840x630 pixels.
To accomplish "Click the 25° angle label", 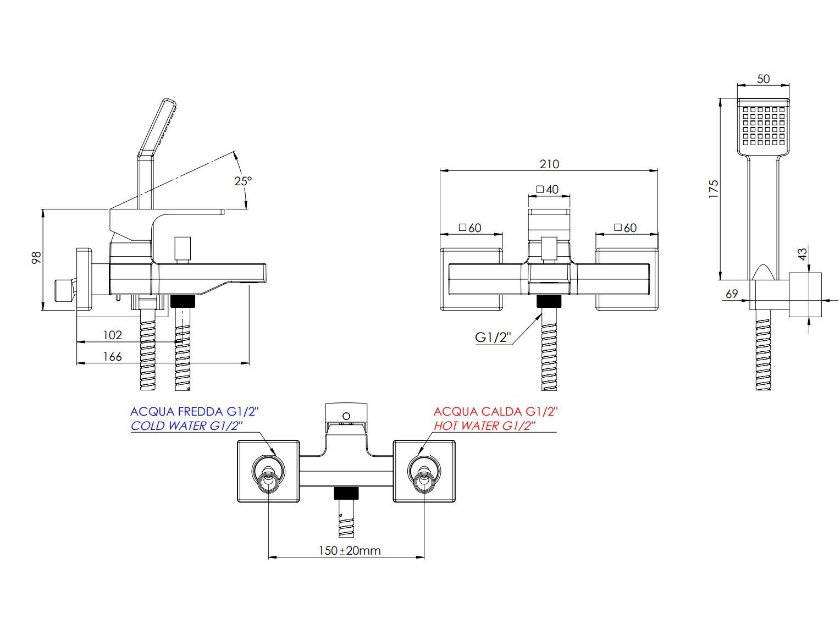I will click(243, 181).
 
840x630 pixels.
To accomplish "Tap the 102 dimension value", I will click(112, 335).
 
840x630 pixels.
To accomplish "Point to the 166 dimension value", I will click(112, 356).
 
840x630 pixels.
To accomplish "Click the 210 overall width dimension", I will click(549, 164).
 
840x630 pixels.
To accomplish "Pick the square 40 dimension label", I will click(548, 190).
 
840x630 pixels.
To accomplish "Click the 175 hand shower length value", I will click(714, 189).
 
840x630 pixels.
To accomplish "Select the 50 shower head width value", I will click(763, 79).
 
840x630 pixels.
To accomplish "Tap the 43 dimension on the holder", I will click(803, 254).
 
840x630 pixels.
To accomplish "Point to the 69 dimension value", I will click(732, 294).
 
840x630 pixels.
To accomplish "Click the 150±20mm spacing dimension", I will click(350, 550).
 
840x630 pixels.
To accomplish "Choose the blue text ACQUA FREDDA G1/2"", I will click(194, 411).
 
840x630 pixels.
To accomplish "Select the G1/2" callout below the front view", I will click(493, 338).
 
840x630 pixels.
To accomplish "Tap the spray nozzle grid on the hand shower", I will click(763, 126).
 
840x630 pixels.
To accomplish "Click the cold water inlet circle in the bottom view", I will click(268, 473).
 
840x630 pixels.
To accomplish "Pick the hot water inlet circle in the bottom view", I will click(424, 473).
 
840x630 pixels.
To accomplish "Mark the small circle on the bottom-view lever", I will click(346, 415).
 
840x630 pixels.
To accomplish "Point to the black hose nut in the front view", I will click(549, 301).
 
